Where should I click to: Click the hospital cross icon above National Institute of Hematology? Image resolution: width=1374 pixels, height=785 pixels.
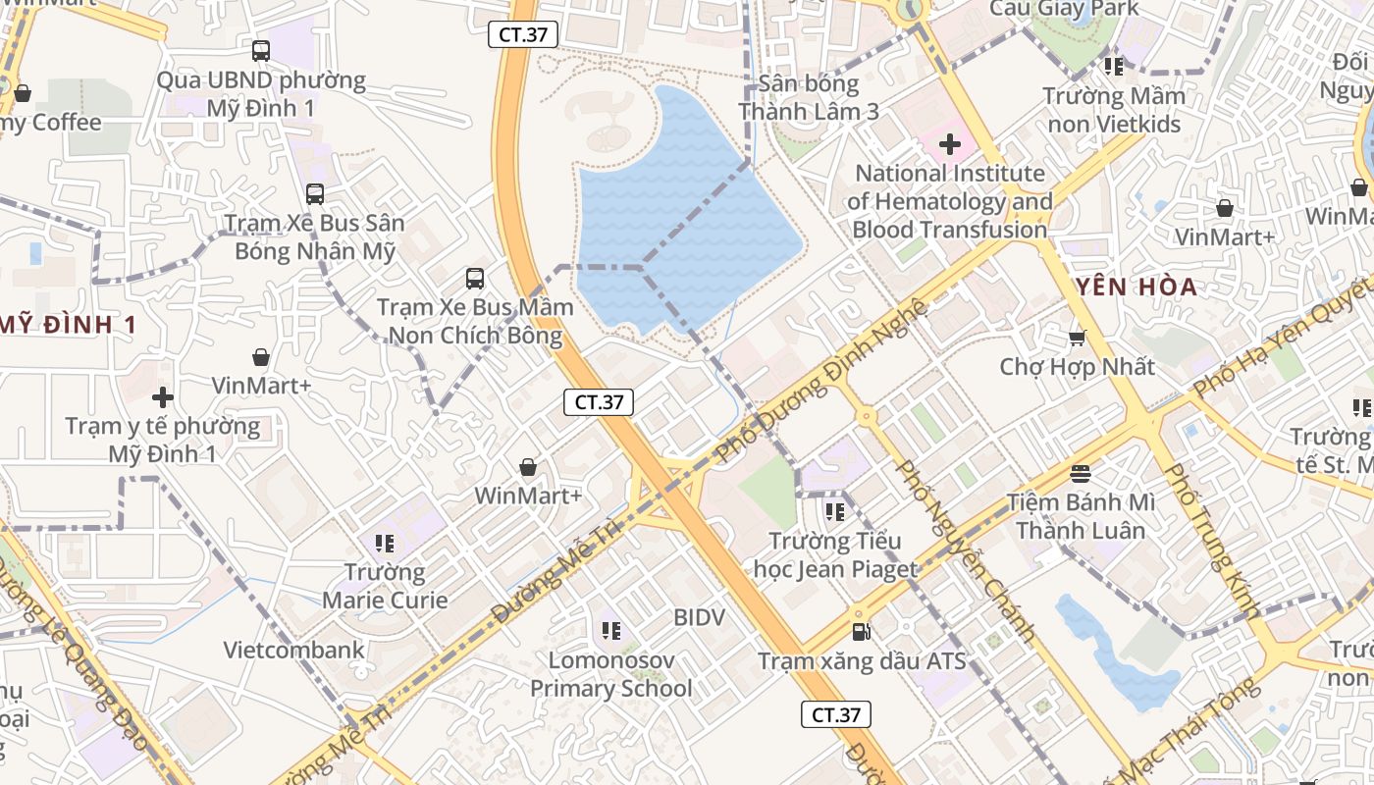949,145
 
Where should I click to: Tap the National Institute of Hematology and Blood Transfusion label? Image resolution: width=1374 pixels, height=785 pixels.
951,202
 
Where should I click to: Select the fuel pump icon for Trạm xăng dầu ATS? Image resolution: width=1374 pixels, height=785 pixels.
861,632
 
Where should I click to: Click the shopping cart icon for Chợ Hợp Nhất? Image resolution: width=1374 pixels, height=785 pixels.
1077,339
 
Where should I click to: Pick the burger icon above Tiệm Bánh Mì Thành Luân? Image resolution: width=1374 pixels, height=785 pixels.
1081,474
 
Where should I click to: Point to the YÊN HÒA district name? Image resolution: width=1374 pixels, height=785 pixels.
1136,288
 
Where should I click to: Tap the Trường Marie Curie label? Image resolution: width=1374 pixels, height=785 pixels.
385,586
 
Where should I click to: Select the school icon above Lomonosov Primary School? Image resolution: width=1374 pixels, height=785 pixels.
610,631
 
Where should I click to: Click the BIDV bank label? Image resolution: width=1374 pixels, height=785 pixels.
699,617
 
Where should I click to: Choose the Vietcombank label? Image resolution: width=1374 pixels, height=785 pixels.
293,650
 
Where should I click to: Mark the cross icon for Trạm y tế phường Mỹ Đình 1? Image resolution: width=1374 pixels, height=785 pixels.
163,397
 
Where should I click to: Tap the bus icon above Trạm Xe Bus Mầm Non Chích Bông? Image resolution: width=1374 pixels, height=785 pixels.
475,279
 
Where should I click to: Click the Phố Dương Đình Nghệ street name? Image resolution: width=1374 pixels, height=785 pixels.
822,382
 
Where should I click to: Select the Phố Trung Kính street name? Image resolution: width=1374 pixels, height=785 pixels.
1211,541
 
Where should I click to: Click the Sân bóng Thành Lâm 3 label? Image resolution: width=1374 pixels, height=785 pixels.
809,97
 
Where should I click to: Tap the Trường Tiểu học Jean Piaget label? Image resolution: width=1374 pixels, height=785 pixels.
834,554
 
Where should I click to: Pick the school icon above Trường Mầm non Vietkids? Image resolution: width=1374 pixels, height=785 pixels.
1113,67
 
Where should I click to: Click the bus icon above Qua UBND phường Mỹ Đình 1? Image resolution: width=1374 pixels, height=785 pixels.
261,50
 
